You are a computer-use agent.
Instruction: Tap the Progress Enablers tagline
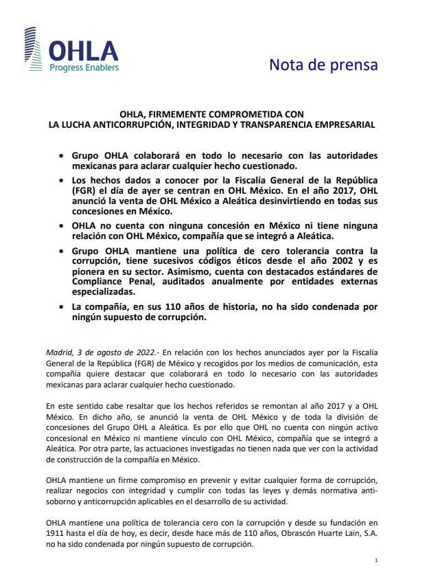[83, 67]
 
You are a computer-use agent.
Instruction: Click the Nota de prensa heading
[323, 65]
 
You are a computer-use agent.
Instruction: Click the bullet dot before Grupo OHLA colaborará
[62, 156]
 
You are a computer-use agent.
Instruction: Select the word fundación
[344, 522]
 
